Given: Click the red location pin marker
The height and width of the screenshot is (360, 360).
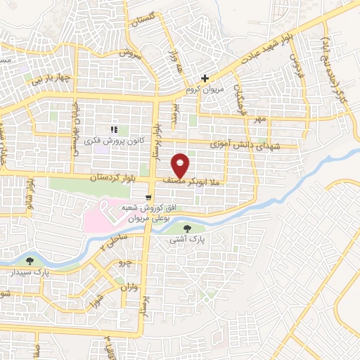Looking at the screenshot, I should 181,165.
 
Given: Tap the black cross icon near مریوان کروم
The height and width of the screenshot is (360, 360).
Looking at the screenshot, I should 205,78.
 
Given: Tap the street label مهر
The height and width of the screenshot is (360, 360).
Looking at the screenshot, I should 260,120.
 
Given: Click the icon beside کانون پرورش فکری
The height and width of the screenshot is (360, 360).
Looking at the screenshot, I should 114,129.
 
